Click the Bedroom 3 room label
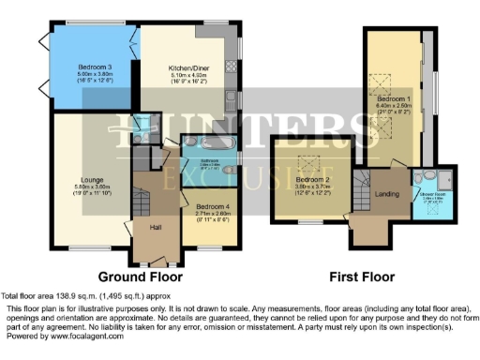[x=96, y=67]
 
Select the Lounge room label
[x=85, y=177]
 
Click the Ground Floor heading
[x=139, y=277]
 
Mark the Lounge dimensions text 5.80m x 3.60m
[x=85, y=186]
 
